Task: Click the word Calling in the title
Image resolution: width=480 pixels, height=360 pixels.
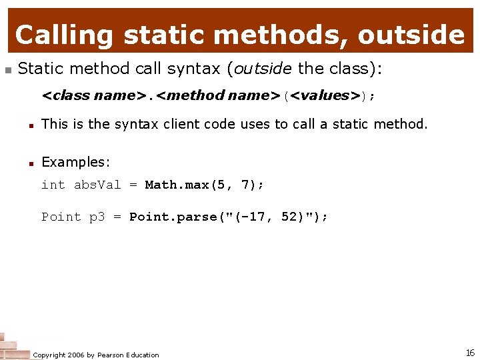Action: (64, 35)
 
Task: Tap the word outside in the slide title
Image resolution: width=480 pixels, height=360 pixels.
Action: (411, 35)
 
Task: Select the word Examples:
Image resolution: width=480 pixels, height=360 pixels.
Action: (75, 162)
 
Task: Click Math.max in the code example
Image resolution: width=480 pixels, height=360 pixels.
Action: (177, 185)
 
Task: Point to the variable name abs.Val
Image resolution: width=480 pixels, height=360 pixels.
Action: (97, 185)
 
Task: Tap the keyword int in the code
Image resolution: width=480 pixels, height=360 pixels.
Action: (53, 185)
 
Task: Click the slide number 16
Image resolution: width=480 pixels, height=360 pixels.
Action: (470, 353)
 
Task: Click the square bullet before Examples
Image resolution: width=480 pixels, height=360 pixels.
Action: (31, 163)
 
